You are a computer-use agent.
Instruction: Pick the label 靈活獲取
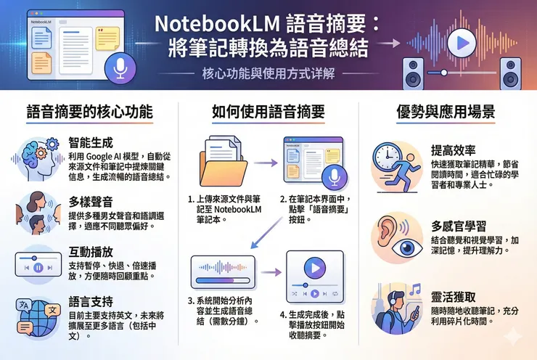point(452,297)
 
